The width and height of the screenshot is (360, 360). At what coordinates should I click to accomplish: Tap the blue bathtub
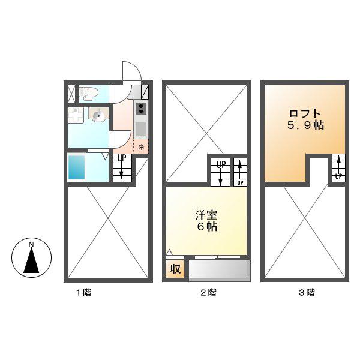pyautogui.click(x=77, y=167)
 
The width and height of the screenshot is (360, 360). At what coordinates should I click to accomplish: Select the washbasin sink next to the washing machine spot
pyautogui.click(x=98, y=115)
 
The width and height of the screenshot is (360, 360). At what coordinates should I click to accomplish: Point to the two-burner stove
pyautogui.click(x=141, y=109)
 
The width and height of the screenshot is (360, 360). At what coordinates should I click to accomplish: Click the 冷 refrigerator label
pyautogui.click(x=141, y=147)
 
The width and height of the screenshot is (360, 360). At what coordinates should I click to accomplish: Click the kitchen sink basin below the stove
pyautogui.click(x=141, y=130)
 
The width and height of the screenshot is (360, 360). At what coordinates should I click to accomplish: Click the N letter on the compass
pyautogui.click(x=31, y=244)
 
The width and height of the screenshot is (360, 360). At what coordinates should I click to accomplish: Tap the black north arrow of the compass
pyautogui.click(x=31, y=260)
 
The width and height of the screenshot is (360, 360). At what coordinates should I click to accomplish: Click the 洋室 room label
pyautogui.click(x=206, y=215)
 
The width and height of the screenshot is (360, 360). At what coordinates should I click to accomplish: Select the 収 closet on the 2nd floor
pyautogui.click(x=175, y=269)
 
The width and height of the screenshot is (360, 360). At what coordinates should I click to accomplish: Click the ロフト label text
pyautogui.click(x=305, y=114)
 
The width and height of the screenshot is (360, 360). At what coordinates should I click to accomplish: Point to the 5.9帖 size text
pyautogui.click(x=305, y=125)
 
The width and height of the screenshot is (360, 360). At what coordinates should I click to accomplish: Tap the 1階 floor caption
pyautogui.click(x=84, y=293)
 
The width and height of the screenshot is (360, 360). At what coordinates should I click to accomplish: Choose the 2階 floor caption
pyautogui.click(x=208, y=293)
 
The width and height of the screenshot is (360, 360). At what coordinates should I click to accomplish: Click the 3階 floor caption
pyautogui.click(x=307, y=293)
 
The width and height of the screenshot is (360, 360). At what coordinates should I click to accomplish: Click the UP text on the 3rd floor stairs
pyautogui.click(x=338, y=176)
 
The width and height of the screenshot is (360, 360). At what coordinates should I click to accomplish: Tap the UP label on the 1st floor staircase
pyautogui.click(x=122, y=158)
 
